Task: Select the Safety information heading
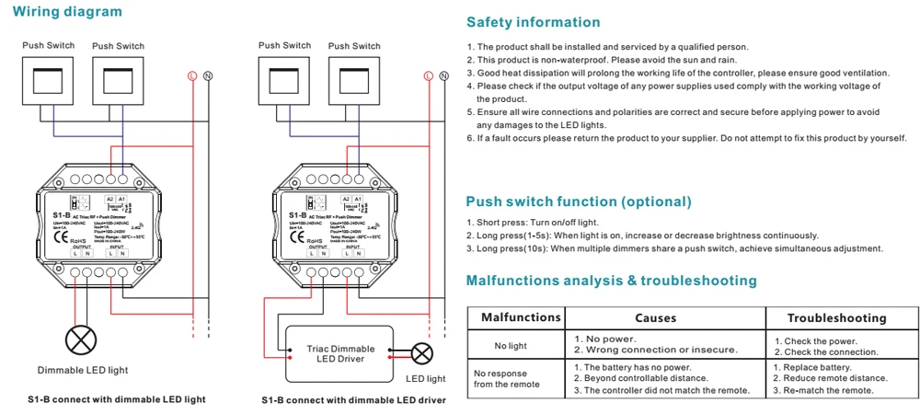pos(533,22)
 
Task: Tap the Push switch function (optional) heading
pos(578,201)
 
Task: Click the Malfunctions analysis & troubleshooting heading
pos(611,280)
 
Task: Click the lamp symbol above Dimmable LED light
pos(82,340)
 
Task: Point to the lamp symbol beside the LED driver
pos(423,353)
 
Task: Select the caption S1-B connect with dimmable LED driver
pos(353,400)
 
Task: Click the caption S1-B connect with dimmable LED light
pos(116,399)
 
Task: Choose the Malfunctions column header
pos(521,317)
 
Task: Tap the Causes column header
pos(655,318)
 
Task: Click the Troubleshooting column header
pos(836,318)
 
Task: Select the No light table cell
pos(511,346)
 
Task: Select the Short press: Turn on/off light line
pos(533,223)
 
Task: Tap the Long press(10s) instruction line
pos(674,248)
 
